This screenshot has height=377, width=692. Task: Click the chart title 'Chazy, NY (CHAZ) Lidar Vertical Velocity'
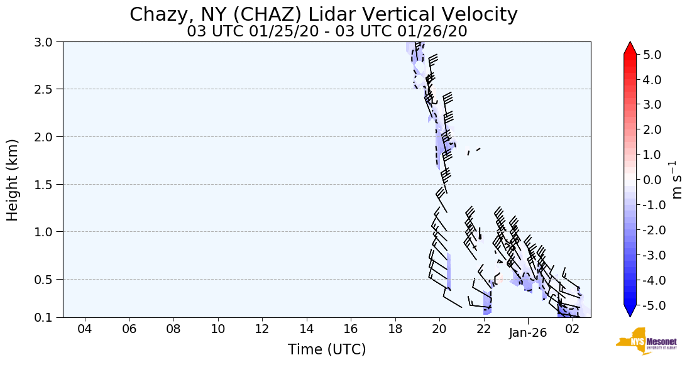[x=324, y=14]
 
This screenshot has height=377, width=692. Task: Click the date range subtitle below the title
[x=327, y=31]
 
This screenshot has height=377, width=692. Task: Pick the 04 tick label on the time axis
[x=85, y=329]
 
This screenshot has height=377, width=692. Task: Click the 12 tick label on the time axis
[x=262, y=329]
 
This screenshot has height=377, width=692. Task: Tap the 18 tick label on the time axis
[x=395, y=329]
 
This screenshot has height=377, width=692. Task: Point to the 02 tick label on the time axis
[x=572, y=329]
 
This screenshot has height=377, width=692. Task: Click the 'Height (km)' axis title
[x=13, y=180]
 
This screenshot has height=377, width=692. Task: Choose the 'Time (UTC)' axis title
[x=327, y=350]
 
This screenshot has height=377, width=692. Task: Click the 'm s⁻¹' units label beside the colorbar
[x=677, y=180]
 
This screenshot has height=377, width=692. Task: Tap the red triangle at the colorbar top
[x=630, y=48]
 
